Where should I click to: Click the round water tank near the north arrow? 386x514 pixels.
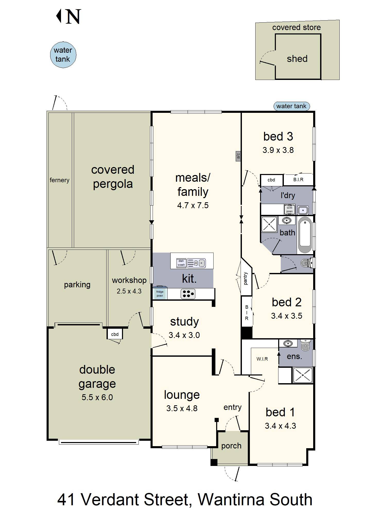pos(63,55)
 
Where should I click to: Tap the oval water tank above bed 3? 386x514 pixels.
pos(291,106)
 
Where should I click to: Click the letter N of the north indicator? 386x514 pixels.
pos(73,17)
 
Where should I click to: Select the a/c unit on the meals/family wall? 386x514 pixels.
pos(238,156)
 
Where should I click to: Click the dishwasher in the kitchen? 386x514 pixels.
pos(181,263)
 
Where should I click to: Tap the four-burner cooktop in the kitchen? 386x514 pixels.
pos(188,294)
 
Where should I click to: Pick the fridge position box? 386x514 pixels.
pos(160,293)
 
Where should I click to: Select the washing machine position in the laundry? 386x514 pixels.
pos(289,209)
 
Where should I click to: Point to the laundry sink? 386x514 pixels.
pos(303,210)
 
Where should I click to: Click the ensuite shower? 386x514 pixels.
pos(303,375)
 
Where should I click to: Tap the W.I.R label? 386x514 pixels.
pos(262,359)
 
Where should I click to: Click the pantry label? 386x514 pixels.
pos(246,278)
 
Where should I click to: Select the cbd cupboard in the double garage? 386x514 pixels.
pos(115,334)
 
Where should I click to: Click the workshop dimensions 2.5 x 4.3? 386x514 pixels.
pos(129,291)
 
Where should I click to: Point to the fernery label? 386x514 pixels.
pos(59,180)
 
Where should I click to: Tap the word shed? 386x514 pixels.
pos(297,59)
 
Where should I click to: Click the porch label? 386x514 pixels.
pos(231,446)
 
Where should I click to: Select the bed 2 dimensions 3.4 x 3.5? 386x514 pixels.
pos(287,316)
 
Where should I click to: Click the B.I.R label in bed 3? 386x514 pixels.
pos(298,180)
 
